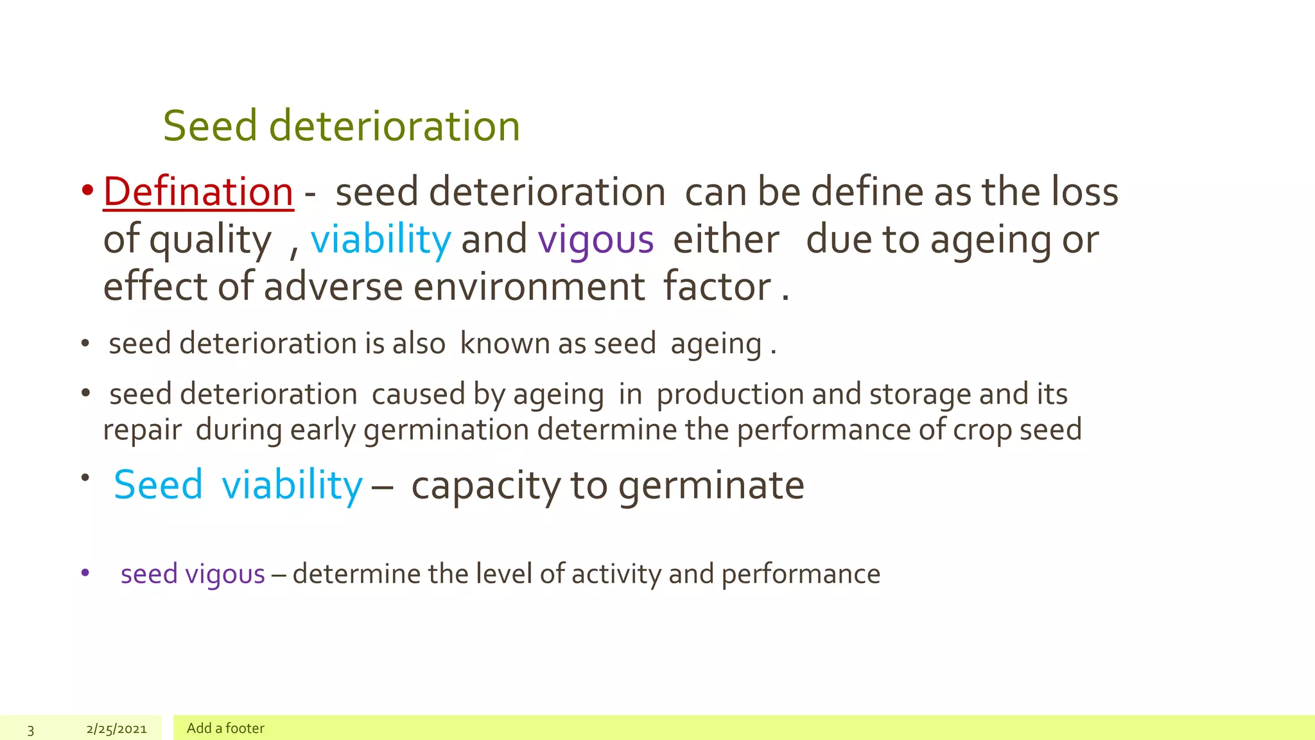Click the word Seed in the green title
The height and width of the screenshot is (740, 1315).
pos(210,126)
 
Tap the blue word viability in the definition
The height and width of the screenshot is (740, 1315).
pos(381,240)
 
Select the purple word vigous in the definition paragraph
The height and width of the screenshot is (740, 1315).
pos(595,240)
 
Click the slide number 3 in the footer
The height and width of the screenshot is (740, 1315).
pos(31,729)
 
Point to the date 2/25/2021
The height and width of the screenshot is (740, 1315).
pos(117,728)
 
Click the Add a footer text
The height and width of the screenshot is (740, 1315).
pos(225,728)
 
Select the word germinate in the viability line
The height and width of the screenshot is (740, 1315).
pos(711,485)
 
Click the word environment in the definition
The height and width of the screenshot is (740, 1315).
pos(528,286)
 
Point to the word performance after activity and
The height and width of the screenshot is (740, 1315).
pos(801,574)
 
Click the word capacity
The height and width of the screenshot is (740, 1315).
pos(486,486)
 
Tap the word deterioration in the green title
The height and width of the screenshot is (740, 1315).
pos(394,126)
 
